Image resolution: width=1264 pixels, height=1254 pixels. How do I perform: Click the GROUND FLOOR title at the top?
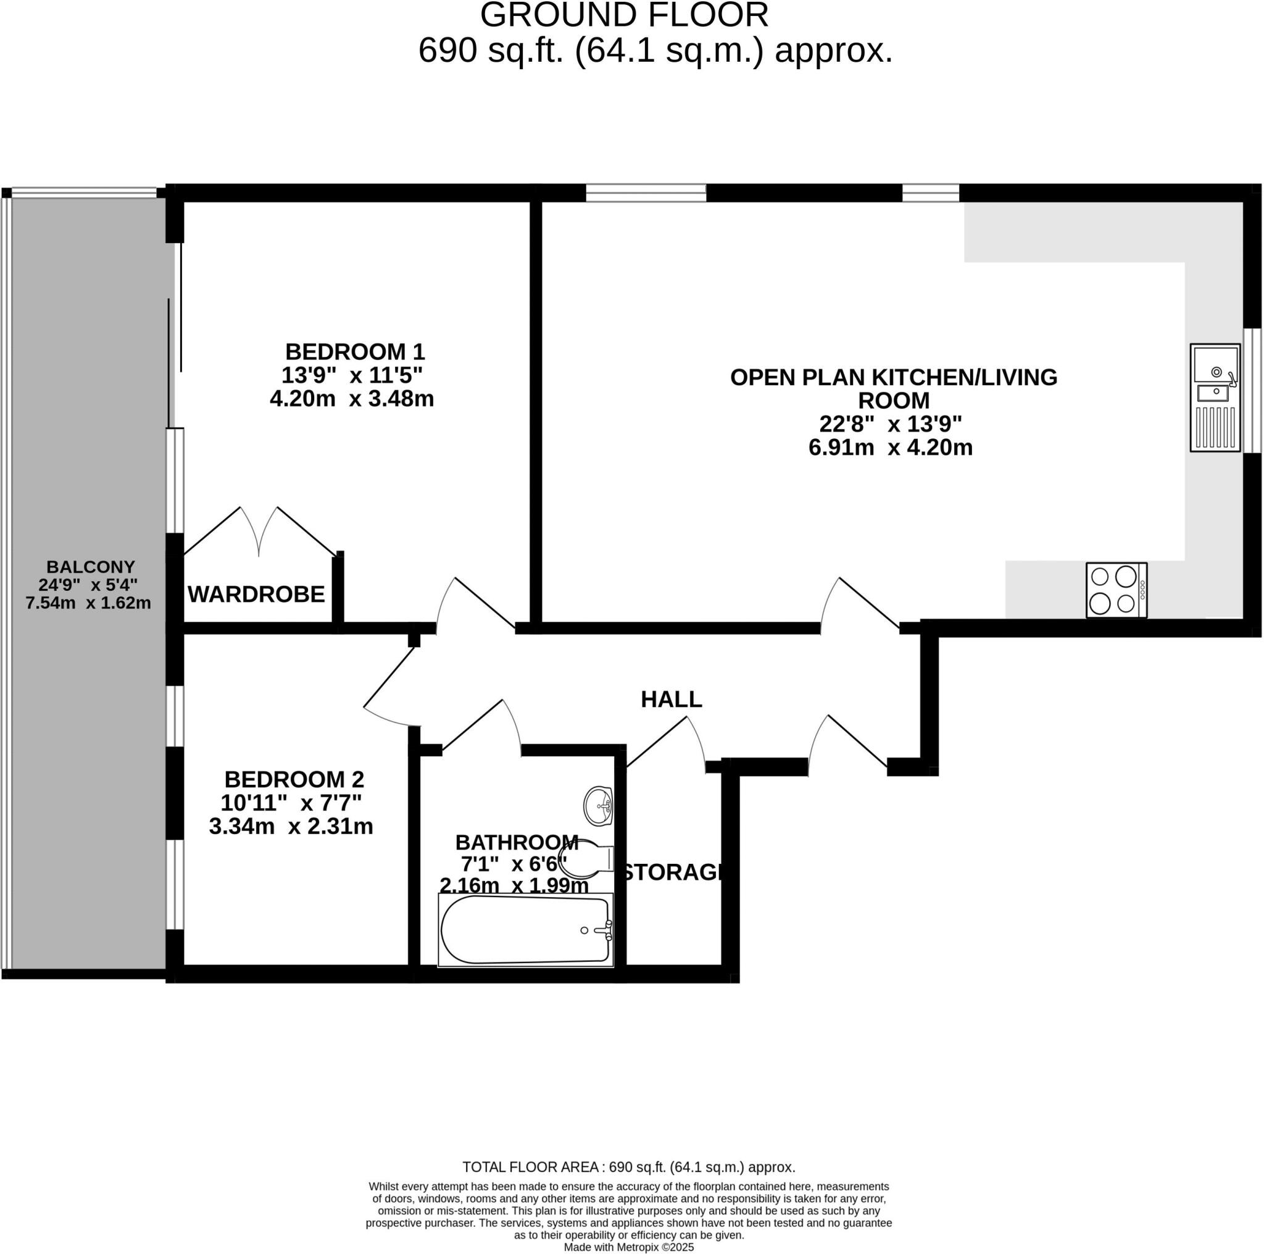click(x=624, y=15)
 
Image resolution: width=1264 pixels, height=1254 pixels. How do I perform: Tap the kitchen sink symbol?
click(x=1215, y=397)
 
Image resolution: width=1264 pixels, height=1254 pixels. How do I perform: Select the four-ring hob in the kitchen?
click(x=1116, y=590)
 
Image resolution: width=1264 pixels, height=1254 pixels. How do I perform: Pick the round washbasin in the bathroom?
click(x=598, y=805)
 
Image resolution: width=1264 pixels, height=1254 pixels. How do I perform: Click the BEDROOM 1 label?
click(x=355, y=352)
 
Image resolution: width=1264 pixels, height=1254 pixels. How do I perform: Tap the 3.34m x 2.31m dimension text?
click(x=291, y=827)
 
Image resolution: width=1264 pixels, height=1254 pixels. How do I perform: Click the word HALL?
click(x=671, y=700)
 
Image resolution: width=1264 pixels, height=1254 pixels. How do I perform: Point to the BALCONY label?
click(x=90, y=567)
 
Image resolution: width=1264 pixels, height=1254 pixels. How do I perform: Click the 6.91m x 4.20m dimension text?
click(x=891, y=448)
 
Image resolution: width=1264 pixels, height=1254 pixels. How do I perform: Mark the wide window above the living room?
click(x=646, y=193)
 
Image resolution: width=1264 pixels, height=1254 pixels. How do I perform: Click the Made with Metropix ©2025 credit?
click(x=629, y=1247)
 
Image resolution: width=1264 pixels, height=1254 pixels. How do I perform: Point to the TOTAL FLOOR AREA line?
click(x=629, y=1167)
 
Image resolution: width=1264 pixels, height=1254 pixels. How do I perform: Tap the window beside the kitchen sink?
click(x=1252, y=390)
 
